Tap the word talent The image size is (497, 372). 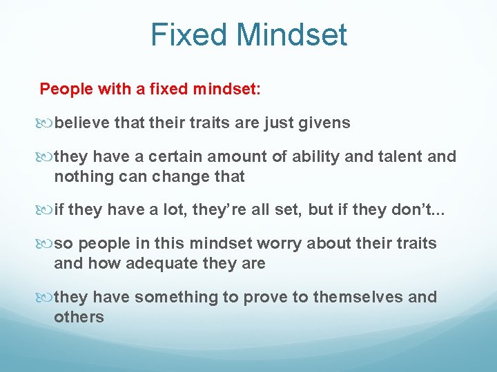click(x=400, y=156)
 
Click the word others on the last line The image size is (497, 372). click(x=79, y=317)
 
